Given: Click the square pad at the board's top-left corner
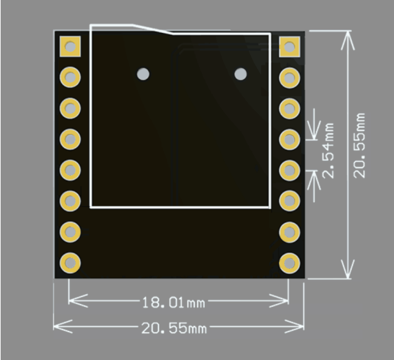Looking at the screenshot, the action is pos(70,47).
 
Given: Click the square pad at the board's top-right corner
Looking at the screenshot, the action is pos(289,47).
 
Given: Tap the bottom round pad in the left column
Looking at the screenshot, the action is pos(70,263).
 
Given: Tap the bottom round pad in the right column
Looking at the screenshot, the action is pos(289,264).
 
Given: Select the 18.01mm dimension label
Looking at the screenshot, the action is pos(174,302).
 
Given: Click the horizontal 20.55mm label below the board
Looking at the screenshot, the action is pos(174,328).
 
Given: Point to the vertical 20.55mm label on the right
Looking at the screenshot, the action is pos(359,145).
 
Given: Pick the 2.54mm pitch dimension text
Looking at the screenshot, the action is pos(328,151).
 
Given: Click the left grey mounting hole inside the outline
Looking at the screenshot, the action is pos(143,74).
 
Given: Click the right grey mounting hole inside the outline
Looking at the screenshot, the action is pos(240,74).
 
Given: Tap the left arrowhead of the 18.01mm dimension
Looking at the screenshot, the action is pos(78,301).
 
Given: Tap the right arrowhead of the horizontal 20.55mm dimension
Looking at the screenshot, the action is pos(295,326).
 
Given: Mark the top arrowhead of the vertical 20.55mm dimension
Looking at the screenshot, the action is pos(347,40).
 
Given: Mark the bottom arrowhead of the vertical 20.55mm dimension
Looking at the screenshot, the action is pos(347,269).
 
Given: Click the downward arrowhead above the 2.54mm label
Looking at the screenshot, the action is pos(314,130).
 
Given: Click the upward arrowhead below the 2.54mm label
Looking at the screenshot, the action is pos(314,180).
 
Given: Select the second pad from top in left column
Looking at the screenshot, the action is pos(70,77).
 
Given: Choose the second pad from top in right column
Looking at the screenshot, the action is pos(289,78).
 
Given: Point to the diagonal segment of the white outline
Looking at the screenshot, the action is pos(152,29).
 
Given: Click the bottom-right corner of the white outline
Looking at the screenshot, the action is pos(270,207).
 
